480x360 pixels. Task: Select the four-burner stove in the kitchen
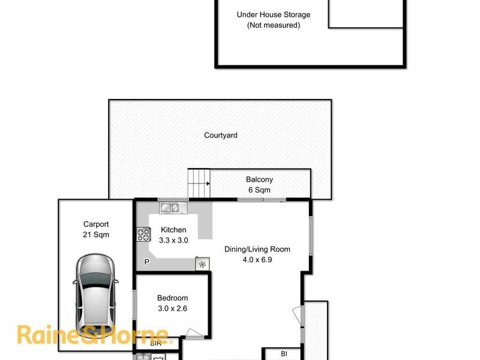point(143,234)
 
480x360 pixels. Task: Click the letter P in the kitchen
point(146,262)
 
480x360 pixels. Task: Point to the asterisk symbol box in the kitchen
point(202,264)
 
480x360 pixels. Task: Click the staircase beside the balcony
point(199,182)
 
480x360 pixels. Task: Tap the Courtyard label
point(220,136)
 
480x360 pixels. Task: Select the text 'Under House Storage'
point(274,15)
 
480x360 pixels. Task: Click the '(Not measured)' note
point(274,25)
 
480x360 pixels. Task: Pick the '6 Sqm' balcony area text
point(259,190)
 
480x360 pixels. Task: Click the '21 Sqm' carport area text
point(96,235)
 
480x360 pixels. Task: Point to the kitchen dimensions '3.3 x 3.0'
point(173,240)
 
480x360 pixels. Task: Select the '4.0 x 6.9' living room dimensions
point(257,260)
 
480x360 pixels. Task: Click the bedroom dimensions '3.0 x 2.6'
point(172,308)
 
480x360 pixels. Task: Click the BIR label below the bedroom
point(155,344)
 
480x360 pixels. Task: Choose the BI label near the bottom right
point(284,354)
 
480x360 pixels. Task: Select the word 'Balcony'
point(259,179)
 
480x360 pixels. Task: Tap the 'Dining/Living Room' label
point(257,250)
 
